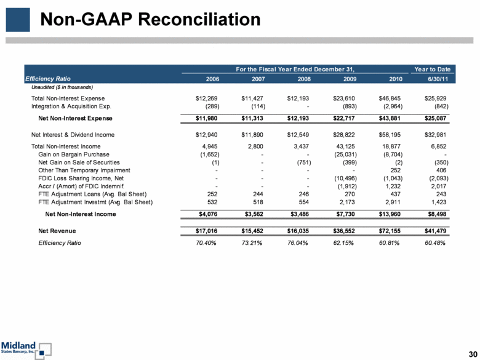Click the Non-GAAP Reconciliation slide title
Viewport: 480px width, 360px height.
click(150, 19)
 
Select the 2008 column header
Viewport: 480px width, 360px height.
click(304, 79)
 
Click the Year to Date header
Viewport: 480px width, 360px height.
click(432, 69)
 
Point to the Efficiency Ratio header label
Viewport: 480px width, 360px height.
click(48, 79)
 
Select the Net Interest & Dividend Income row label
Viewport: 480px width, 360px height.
click(73, 135)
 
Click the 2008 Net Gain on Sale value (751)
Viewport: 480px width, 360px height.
click(303, 162)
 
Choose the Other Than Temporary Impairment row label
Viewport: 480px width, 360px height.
click(84, 170)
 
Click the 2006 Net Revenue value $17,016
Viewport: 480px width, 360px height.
click(207, 231)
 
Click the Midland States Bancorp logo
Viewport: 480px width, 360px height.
click(26, 350)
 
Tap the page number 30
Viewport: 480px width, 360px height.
click(473, 354)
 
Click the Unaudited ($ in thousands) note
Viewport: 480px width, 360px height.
click(62, 87)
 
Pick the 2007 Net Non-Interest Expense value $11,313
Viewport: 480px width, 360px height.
click(252, 118)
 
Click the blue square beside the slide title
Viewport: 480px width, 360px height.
click(18, 20)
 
